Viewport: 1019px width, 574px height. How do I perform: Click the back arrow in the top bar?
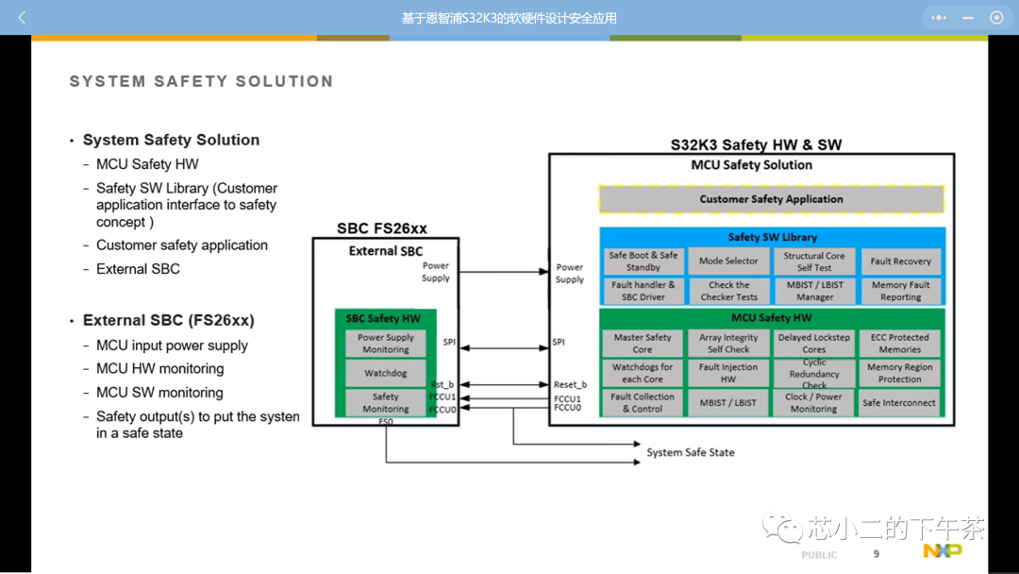coord(22,18)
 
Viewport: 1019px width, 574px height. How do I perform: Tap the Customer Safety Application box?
coord(771,199)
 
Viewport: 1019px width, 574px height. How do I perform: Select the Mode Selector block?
coord(728,262)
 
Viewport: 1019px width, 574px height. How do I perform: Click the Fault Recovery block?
coord(900,262)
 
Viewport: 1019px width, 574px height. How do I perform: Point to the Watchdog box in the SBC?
coord(385,374)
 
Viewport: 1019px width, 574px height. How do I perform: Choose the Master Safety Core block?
coord(643,343)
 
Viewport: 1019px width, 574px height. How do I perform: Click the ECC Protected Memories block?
coord(899,343)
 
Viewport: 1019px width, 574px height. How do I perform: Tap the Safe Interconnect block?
coord(899,403)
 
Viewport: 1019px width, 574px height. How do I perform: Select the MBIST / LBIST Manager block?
coord(814,291)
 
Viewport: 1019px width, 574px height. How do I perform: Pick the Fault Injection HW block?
coord(728,373)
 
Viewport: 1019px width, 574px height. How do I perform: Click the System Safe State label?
coord(690,453)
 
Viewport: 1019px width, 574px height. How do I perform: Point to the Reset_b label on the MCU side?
coord(570,385)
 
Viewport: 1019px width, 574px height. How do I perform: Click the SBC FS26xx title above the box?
coord(382,228)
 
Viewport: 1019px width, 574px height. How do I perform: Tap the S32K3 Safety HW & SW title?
coord(756,145)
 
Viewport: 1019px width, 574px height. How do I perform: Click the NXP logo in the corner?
coord(942,550)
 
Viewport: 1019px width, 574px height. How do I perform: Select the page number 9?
coord(877,554)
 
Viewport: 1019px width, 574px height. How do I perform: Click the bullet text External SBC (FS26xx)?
coord(169,320)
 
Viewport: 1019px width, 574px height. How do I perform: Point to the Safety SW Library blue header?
coord(772,237)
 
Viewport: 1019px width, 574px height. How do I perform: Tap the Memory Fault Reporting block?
coord(900,291)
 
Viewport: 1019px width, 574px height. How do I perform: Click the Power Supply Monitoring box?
coord(385,343)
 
